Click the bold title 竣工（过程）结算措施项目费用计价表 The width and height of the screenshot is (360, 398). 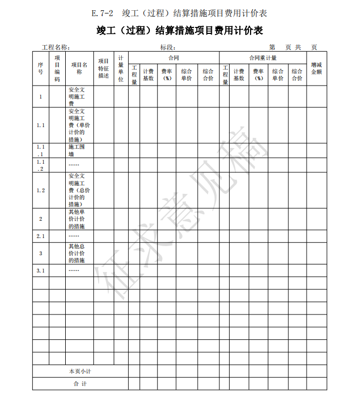click(x=179, y=31)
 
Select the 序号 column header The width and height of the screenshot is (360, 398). click(x=40, y=68)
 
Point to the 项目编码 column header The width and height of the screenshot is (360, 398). click(x=57, y=68)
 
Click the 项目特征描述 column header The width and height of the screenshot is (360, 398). click(x=103, y=68)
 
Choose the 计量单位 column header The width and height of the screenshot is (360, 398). click(x=121, y=68)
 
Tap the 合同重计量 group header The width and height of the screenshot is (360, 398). click(x=262, y=58)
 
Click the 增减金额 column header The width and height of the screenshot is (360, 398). click(x=316, y=68)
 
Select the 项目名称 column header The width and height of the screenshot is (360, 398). click(x=79, y=68)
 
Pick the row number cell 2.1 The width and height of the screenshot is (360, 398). click(x=40, y=236)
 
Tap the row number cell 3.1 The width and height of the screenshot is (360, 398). click(x=40, y=270)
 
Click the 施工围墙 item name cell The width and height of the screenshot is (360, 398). click(x=74, y=150)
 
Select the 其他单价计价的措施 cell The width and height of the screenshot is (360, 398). click(x=77, y=219)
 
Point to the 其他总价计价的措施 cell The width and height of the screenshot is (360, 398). click(x=77, y=253)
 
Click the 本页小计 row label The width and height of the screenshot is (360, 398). click(x=80, y=372)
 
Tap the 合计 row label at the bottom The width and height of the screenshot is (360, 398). click(x=80, y=384)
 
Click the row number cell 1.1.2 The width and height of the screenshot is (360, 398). click(x=40, y=165)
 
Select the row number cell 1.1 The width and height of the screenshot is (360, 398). click(x=40, y=125)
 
